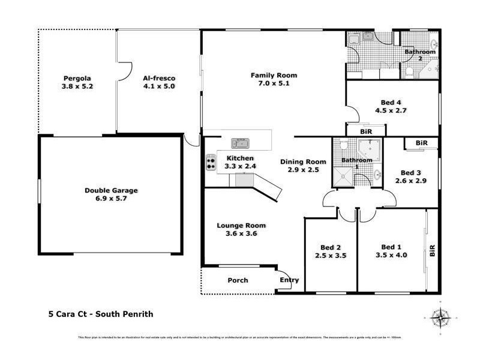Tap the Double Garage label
(x=111, y=190)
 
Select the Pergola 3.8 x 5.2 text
(x=77, y=82)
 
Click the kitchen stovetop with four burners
(x=211, y=161)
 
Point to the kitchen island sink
(x=242, y=143)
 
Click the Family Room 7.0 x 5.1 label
(x=274, y=79)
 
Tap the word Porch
(x=238, y=281)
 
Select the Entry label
(x=289, y=281)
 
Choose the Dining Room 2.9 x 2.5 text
(x=303, y=166)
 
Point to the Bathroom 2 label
(x=419, y=55)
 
